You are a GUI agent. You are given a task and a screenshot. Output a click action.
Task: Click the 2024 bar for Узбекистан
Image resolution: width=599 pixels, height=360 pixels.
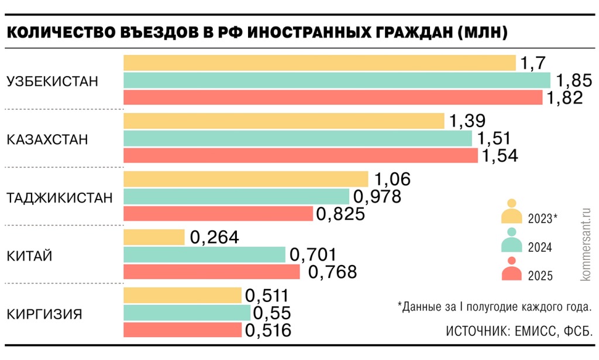337,80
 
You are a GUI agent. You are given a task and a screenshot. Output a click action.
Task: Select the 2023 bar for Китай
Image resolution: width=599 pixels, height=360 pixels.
154,237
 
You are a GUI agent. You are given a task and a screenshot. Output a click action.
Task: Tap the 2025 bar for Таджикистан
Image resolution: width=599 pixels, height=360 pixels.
218,214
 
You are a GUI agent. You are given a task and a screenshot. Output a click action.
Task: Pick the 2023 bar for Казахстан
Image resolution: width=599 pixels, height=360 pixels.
284,121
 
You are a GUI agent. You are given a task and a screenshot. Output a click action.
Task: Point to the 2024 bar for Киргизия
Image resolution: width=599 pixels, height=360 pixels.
187,313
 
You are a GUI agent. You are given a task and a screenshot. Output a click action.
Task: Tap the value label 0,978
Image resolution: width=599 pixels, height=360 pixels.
376,197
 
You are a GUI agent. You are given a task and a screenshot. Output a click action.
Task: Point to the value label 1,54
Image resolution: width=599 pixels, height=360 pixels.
500,156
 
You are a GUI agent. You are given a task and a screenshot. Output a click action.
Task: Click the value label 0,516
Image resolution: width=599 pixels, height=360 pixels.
268,331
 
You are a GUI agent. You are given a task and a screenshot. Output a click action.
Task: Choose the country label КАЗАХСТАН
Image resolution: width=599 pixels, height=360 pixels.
47,140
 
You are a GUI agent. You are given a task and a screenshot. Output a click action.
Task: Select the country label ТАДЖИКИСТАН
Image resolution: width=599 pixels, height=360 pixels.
59,198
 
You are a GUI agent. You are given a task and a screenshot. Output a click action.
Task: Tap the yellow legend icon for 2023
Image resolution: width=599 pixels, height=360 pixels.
511,213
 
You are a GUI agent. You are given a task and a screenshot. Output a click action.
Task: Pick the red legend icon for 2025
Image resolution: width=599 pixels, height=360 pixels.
511,270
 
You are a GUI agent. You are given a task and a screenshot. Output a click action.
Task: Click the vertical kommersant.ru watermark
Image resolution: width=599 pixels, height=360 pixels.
586,243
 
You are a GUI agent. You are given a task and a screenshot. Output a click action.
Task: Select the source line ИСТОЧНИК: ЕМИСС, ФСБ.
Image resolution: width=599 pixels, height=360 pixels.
519,331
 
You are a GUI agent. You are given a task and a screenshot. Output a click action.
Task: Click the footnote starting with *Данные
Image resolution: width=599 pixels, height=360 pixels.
495,306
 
